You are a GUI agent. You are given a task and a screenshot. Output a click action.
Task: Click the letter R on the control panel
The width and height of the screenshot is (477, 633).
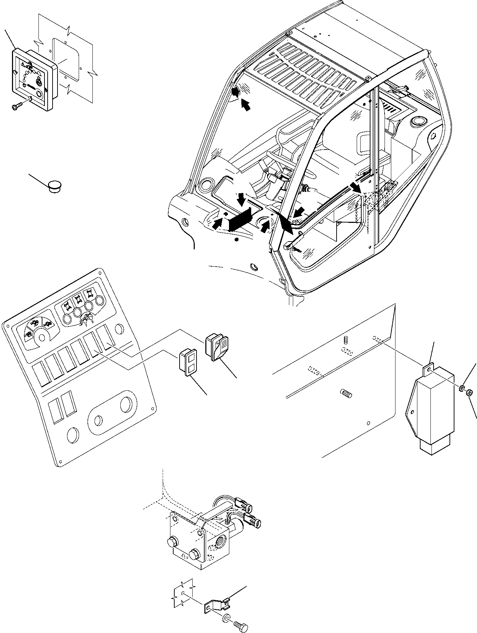[x=92, y=322]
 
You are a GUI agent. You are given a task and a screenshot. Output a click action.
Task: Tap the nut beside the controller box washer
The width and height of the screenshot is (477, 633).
[x=469, y=392]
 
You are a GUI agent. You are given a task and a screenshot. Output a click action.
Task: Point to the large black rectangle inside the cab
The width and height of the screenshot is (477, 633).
[x=240, y=219]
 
